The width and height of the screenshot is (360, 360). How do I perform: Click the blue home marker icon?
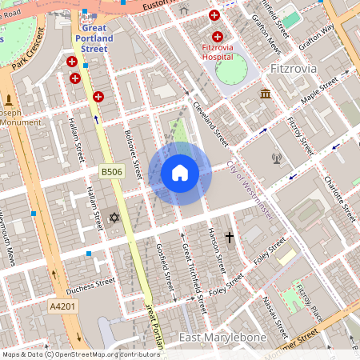point(180,173)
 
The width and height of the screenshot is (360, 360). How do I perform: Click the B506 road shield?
point(111,172)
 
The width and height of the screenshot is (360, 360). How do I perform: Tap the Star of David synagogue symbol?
point(113,218)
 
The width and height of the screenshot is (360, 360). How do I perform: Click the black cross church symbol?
point(230,238)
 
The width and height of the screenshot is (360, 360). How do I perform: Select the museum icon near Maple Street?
point(265,94)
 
